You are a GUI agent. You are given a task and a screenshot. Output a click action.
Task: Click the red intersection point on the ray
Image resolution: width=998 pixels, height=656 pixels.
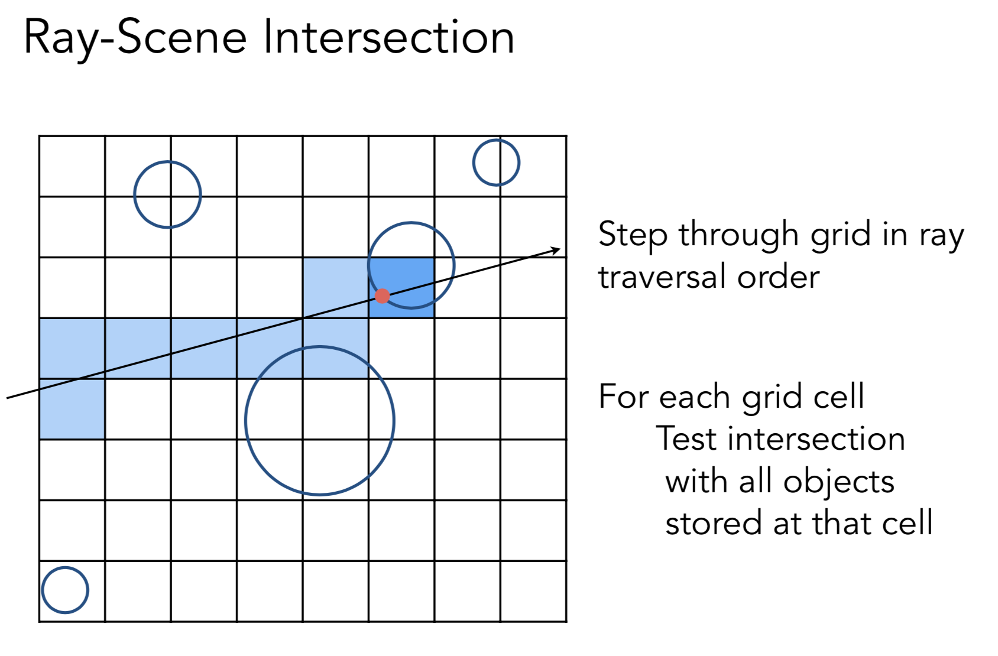pyautogui.click(x=383, y=296)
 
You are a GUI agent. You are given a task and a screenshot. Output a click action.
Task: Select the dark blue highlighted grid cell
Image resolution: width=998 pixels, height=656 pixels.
pyautogui.click(x=402, y=288)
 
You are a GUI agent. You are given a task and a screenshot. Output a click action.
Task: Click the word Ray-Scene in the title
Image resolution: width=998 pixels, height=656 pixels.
pyautogui.click(x=135, y=38)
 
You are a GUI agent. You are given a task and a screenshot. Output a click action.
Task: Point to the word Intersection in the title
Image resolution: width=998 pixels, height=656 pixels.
pyautogui.click(x=388, y=37)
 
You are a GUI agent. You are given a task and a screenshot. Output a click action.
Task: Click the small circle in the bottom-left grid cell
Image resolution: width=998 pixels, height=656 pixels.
pyautogui.click(x=65, y=590)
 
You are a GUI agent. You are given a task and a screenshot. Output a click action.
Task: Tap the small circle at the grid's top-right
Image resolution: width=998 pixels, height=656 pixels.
pyautogui.click(x=496, y=163)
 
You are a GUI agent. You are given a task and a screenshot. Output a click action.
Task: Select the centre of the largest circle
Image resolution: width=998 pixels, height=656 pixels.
pyautogui.click(x=320, y=420)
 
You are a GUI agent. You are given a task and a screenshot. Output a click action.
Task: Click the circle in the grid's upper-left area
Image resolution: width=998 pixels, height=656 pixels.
pyautogui.click(x=167, y=194)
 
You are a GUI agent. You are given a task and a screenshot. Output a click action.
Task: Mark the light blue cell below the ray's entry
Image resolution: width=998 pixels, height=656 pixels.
pyautogui.click(x=72, y=409)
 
